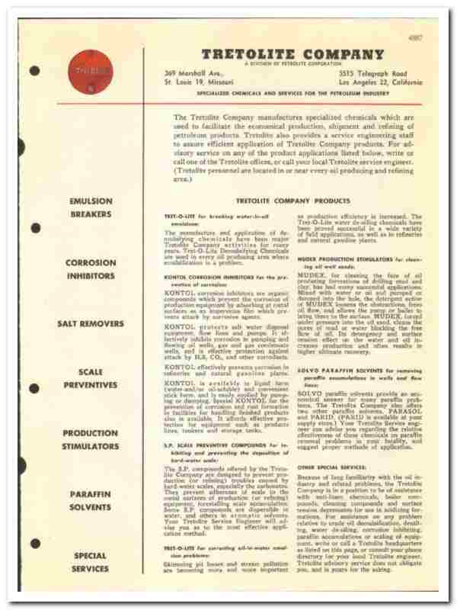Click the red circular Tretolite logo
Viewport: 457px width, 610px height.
[81, 72]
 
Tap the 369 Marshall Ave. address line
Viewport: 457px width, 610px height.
[188, 72]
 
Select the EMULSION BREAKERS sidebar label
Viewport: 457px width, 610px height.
[91, 208]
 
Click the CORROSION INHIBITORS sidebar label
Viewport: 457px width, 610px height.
[91, 269]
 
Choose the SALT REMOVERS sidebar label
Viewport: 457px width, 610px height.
[91, 323]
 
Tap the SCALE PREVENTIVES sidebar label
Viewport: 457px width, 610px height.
[91, 378]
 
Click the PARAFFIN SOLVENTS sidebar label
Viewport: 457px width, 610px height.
[91, 500]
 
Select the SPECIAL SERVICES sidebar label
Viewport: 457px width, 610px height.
[91, 562]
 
